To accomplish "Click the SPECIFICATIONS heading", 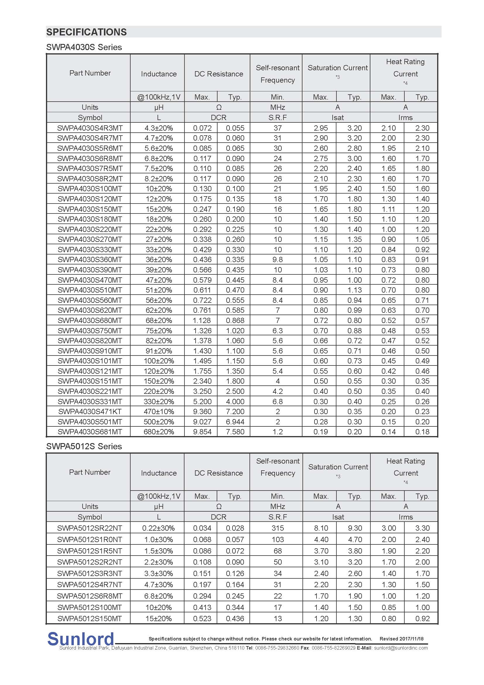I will click(86, 32).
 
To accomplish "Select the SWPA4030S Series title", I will click(84, 47).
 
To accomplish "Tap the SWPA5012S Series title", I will click(84, 446).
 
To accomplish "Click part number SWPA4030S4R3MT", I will click(90, 128).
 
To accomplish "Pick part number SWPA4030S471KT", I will click(90, 412).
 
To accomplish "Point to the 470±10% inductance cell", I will click(159, 412).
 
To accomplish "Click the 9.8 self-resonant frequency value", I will click(277, 259).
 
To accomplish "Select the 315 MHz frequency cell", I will click(277, 528).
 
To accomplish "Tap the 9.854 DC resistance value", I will click(202, 432).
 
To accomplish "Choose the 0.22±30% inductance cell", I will click(159, 528).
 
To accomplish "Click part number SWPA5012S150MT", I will click(90, 619).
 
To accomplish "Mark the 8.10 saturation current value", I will click(321, 528).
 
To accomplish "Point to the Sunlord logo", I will click(81, 639).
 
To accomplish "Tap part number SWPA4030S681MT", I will click(90, 432).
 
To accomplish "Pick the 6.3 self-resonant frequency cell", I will click(277, 331).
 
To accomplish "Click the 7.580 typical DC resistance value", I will click(235, 432).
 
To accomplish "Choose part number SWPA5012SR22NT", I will click(90, 528).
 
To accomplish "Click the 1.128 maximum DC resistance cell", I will click(202, 320).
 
